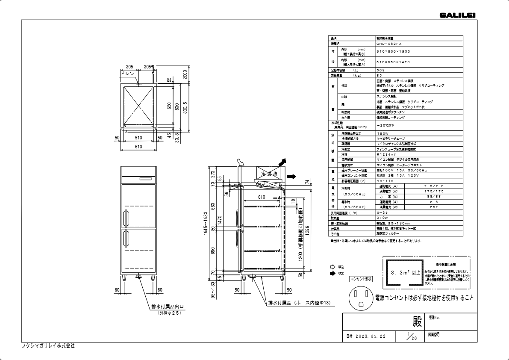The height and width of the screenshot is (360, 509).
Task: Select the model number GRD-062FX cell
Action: (388, 44)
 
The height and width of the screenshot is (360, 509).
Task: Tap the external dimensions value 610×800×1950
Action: (393, 51)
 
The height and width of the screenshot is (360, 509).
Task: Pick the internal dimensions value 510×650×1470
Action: (393, 62)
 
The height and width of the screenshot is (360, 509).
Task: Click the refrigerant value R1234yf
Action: (386, 154)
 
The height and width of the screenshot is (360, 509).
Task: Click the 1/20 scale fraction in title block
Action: (412, 336)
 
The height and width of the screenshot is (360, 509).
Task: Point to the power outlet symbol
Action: (361, 298)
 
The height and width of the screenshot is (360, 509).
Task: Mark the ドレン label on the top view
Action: (128, 74)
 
